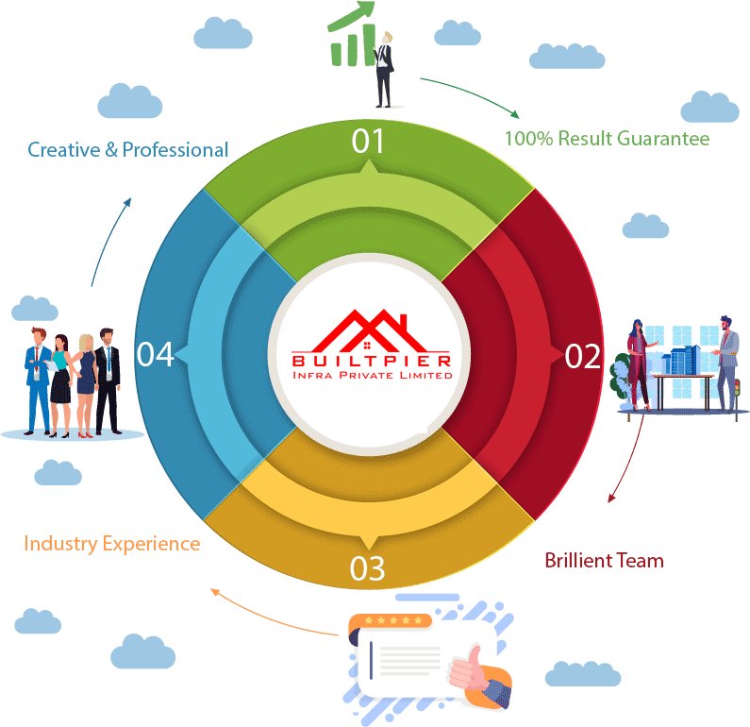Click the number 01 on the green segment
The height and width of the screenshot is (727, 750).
pyautogui.click(x=368, y=142)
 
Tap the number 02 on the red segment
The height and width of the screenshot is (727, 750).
pyautogui.click(x=582, y=356)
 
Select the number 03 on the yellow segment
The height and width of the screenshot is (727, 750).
pyautogui.click(x=367, y=569)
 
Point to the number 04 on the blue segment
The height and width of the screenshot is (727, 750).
pyautogui.click(x=155, y=355)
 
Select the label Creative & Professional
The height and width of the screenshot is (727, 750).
pyautogui.click(x=128, y=149)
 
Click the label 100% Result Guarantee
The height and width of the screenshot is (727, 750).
pyautogui.click(x=607, y=139)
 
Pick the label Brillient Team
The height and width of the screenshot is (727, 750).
pyautogui.click(x=604, y=560)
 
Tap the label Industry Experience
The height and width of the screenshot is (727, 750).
pyautogui.click(x=111, y=544)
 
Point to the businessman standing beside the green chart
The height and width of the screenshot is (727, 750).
pyautogui.click(x=383, y=69)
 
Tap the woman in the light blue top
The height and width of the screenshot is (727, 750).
pyautogui.click(x=60, y=378)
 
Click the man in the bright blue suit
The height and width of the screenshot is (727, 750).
pyautogui.click(x=38, y=378)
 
